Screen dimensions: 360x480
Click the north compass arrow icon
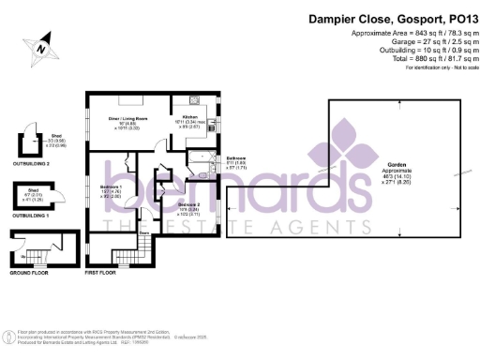click(x=41, y=45)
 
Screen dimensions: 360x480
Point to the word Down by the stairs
click(x=144, y=232)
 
